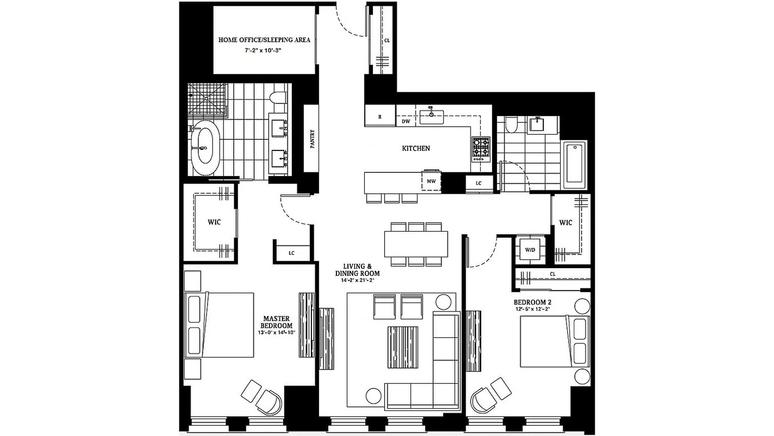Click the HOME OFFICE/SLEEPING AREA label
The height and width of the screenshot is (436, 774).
pyautogui.click(x=264, y=40)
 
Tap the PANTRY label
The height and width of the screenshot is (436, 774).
pyautogui.click(x=312, y=139)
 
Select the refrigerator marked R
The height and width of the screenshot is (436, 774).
pyautogui.click(x=380, y=116)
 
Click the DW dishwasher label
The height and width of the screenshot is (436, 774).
pyautogui.click(x=406, y=121)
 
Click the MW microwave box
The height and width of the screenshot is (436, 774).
pyautogui.click(x=431, y=181)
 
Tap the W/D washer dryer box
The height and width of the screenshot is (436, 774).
pyautogui.click(x=530, y=250)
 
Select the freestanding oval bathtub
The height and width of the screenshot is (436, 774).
pyautogui.click(x=205, y=148)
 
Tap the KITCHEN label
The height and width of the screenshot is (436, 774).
pyautogui.click(x=416, y=149)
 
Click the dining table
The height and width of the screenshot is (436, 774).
pyautogui.click(x=416, y=244)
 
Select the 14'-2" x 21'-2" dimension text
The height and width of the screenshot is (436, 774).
pyautogui.click(x=357, y=280)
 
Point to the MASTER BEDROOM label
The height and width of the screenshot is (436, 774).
pyautogui.click(x=277, y=322)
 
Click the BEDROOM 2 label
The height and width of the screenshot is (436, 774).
pyautogui.click(x=533, y=302)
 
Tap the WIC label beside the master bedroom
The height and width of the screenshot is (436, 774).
pyautogui.click(x=214, y=222)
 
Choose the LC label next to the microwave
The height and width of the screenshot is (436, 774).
pyautogui.click(x=479, y=183)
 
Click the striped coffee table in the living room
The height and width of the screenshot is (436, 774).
pyautogui.click(x=403, y=347)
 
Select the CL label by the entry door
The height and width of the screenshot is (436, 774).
pyautogui.click(x=387, y=40)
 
